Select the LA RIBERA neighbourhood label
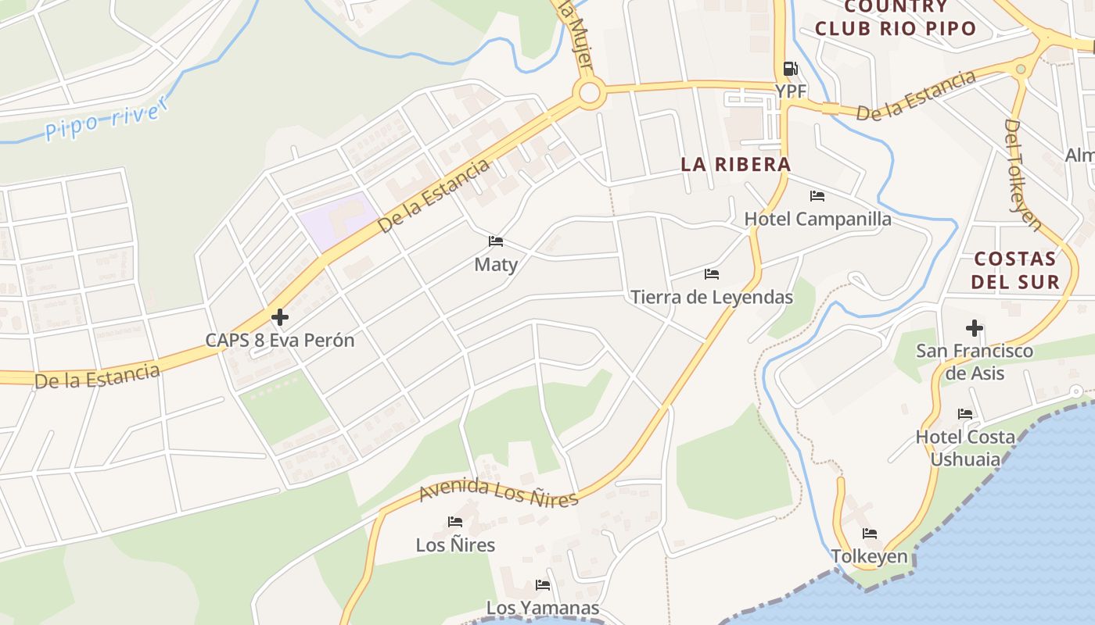click(x=735, y=164)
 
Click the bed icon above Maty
click(x=496, y=241)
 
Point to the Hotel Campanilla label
click(x=817, y=219)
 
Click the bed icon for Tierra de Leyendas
click(x=712, y=274)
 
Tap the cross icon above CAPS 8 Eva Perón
click(x=280, y=317)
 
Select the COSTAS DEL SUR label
click(x=1016, y=270)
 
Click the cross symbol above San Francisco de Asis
click(x=975, y=328)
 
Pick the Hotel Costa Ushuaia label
click(x=965, y=448)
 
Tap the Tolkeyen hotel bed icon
click(x=870, y=534)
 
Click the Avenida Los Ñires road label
click(x=498, y=492)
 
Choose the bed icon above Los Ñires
click(x=455, y=522)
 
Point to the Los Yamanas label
click(x=543, y=608)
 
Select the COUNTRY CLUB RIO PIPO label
click(x=896, y=18)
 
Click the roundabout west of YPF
click(x=590, y=94)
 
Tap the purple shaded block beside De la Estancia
click(x=336, y=219)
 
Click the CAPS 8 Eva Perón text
click(x=280, y=341)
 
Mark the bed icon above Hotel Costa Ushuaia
click(x=965, y=414)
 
